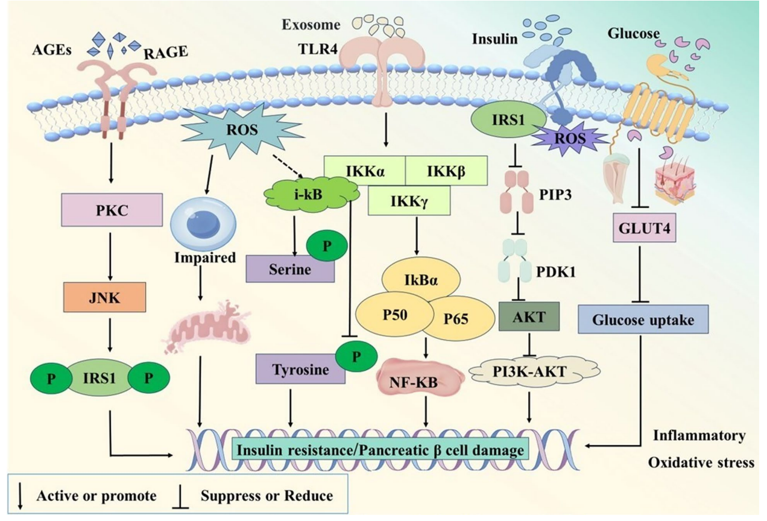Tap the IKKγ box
point(409,200)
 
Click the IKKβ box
point(446,170)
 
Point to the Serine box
point(289,268)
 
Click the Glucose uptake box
point(642,321)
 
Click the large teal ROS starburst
point(241,126)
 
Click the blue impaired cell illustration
point(196,223)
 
